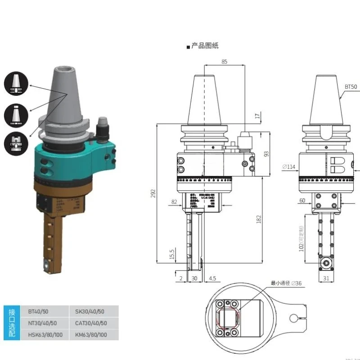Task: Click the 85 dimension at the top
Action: point(224,62)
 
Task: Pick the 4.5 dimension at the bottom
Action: point(212,279)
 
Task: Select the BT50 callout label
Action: point(351,86)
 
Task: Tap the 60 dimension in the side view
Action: point(302,200)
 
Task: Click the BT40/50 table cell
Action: point(39,311)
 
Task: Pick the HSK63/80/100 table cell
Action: point(45,335)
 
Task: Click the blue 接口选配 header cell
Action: point(12,323)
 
